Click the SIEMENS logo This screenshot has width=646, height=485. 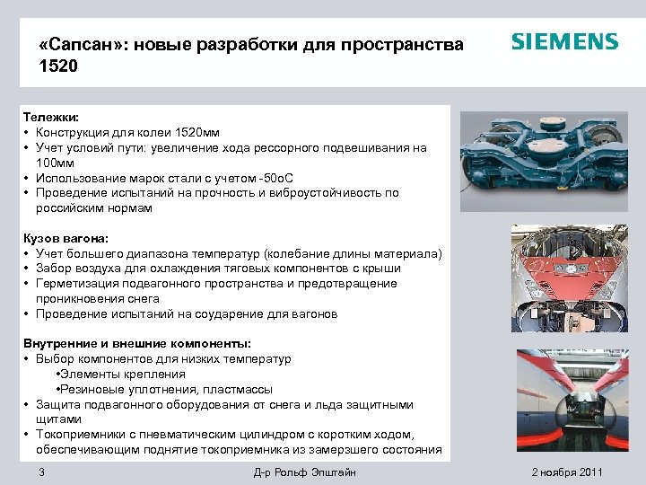point(564,42)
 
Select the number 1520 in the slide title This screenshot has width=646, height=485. point(59,66)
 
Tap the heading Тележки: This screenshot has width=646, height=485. point(51,117)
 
